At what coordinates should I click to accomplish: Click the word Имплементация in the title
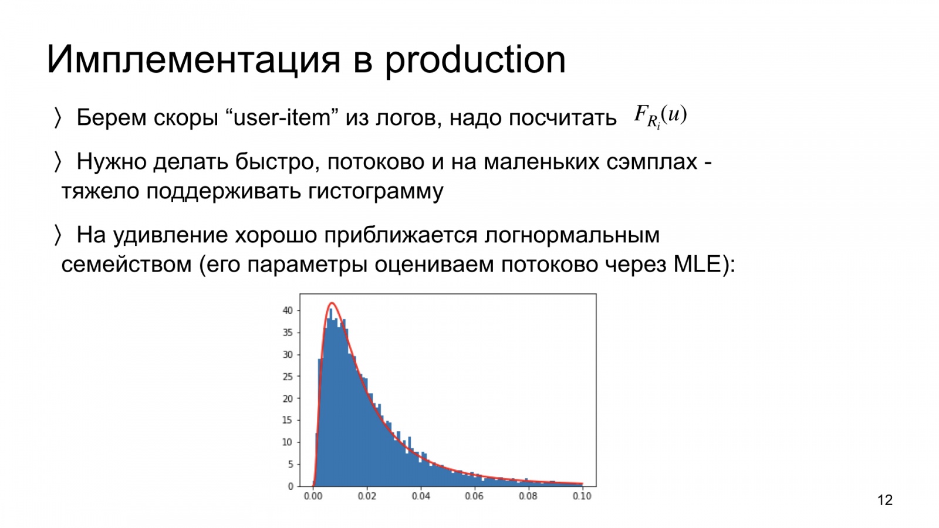(193, 59)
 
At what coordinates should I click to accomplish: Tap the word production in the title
(475, 60)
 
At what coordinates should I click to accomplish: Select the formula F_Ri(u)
(660, 117)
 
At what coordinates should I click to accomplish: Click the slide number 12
(885, 500)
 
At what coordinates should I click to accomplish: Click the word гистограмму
(376, 191)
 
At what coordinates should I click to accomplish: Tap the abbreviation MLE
(697, 265)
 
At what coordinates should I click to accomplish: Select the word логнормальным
(572, 235)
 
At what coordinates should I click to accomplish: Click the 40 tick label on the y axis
(288, 310)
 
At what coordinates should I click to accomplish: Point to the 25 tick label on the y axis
(288, 376)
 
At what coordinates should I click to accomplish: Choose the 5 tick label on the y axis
(290, 464)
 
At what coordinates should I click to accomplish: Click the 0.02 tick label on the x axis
(367, 496)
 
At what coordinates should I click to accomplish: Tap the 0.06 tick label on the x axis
(474, 496)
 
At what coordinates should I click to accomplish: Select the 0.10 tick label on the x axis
(582, 496)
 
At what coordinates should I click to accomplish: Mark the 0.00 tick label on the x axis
(313, 496)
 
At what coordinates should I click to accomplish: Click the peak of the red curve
(332, 303)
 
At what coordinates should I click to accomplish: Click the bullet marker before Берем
(58, 118)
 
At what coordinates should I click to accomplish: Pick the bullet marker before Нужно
(58, 162)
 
